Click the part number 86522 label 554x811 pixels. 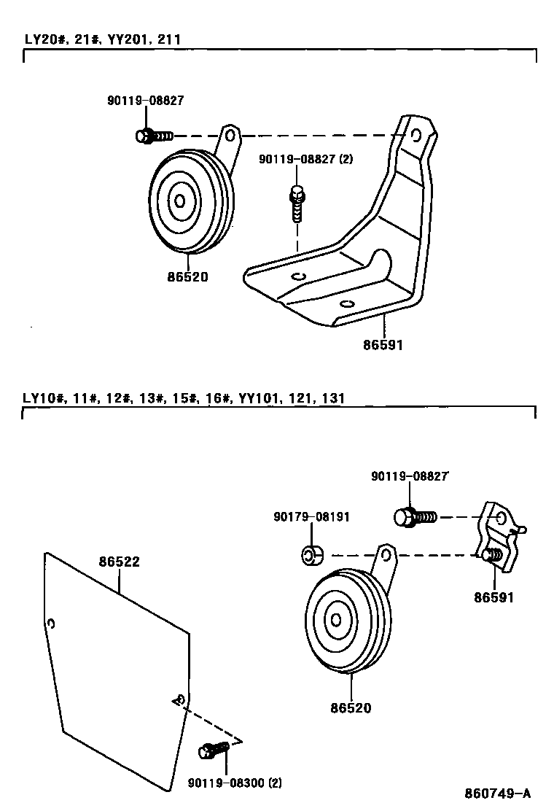click(120, 562)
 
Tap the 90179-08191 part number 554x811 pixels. click(312, 517)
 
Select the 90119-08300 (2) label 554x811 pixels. click(234, 783)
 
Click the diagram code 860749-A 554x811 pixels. click(497, 793)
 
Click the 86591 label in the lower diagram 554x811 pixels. click(493, 597)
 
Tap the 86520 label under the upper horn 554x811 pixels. click(187, 277)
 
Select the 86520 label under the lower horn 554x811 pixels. click(350, 707)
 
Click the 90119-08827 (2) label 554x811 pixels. click(306, 158)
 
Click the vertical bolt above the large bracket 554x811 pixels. click(296, 203)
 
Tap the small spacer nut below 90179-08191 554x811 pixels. click(311, 556)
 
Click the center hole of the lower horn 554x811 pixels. click(336, 620)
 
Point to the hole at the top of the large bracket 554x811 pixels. click(415, 135)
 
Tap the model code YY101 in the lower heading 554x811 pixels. click(259, 398)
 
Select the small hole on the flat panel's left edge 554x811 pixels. click(50, 624)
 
